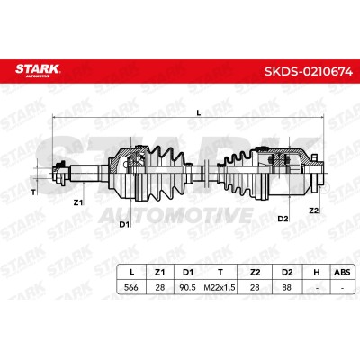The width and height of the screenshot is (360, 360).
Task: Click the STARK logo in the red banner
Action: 38,70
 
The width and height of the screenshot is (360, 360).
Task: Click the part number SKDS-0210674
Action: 309,72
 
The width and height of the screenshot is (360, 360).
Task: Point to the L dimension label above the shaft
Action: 198,112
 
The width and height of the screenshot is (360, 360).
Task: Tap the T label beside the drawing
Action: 33,193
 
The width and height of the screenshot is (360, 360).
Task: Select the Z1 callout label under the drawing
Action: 78,202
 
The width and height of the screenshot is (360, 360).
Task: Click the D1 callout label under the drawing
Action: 124,224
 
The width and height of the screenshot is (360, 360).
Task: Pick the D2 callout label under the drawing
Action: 283,219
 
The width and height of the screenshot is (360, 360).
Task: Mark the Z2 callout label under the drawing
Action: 313,211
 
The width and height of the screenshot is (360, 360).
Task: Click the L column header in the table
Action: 131,272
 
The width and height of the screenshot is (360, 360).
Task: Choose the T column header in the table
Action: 220,272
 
